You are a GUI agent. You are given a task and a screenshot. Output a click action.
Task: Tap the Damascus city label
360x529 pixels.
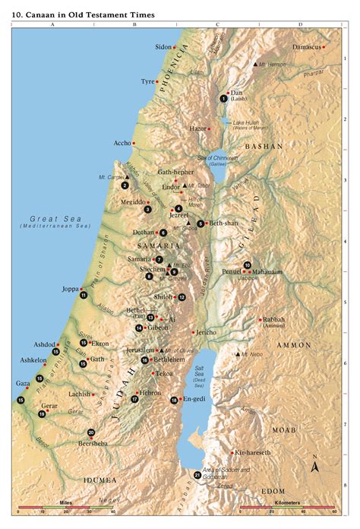pyautogui.click(x=308, y=47)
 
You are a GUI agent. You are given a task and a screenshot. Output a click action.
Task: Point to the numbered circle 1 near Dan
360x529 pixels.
pyautogui.click(x=223, y=99)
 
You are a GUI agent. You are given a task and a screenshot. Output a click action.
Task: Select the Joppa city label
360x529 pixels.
pyautogui.click(x=71, y=289)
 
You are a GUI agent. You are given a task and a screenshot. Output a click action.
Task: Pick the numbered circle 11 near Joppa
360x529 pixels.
pyautogui.click(x=84, y=296)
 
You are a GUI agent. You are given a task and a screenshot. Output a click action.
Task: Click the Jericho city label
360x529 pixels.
pyautogui.click(x=207, y=332)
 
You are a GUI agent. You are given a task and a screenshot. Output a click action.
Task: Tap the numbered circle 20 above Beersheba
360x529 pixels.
pyautogui.click(x=91, y=432)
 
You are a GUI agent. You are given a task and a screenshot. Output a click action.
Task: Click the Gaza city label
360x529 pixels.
pyautogui.click(x=23, y=384)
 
